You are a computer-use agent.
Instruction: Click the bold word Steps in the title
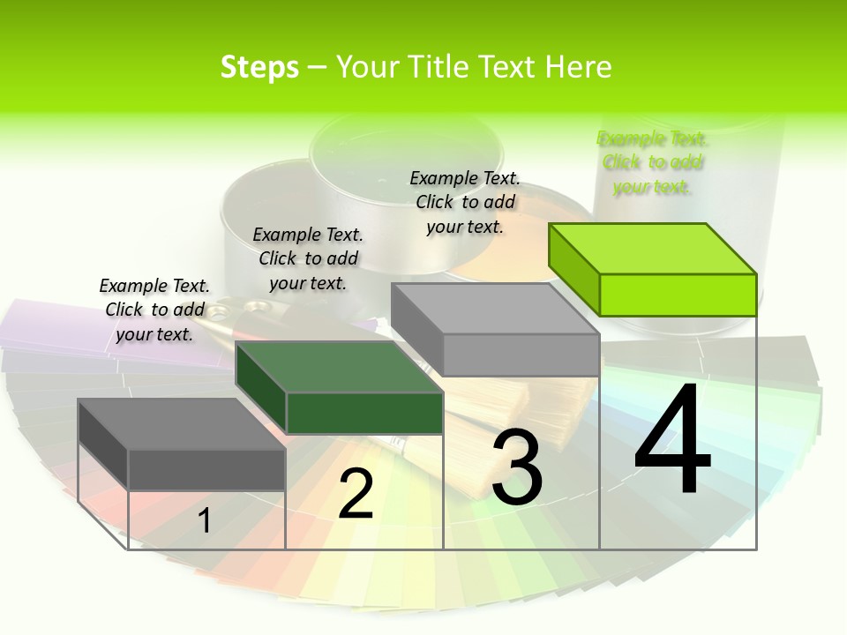pyautogui.click(x=259, y=67)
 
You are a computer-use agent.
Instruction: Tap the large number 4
pyautogui.click(x=672, y=441)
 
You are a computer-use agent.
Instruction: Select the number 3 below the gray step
pyautogui.click(x=517, y=467)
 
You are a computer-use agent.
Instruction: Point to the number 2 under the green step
pyautogui.click(x=356, y=494)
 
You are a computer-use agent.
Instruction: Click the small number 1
pyautogui.click(x=204, y=521)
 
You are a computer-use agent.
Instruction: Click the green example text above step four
pyautogui.click(x=652, y=162)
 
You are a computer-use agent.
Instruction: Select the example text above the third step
pyautogui.click(x=465, y=202)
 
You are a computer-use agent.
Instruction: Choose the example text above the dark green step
pyautogui.click(x=308, y=258)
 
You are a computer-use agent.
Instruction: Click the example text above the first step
pyautogui.click(x=154, y=310)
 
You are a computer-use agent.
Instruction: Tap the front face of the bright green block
pyautogui.click(x=678, y=295)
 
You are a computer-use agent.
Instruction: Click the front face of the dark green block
pyautogui.click(x=364, y=413)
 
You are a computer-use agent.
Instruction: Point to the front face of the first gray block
pyautogui.click(x=206, y=469)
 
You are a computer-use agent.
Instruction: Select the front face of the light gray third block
pyautogui.click(x=521, y=355)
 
